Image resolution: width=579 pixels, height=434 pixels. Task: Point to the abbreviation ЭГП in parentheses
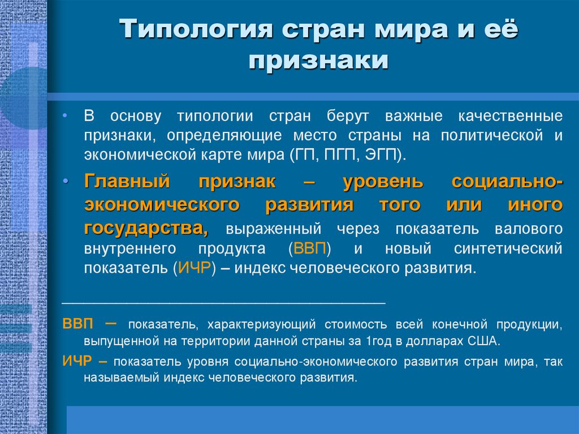(384, 155)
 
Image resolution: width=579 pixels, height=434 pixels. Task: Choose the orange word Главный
(127, 182)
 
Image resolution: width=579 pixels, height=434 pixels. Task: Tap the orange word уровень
(383, 182)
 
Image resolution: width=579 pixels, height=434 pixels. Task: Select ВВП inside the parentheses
(309, 248)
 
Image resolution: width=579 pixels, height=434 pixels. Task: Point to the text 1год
(377, 341)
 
